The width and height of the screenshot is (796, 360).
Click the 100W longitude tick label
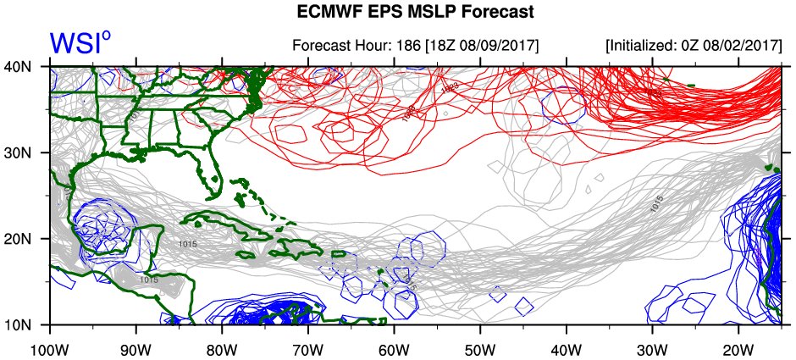(x=50, y=349)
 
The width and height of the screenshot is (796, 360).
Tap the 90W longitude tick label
(x=135, y=349)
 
